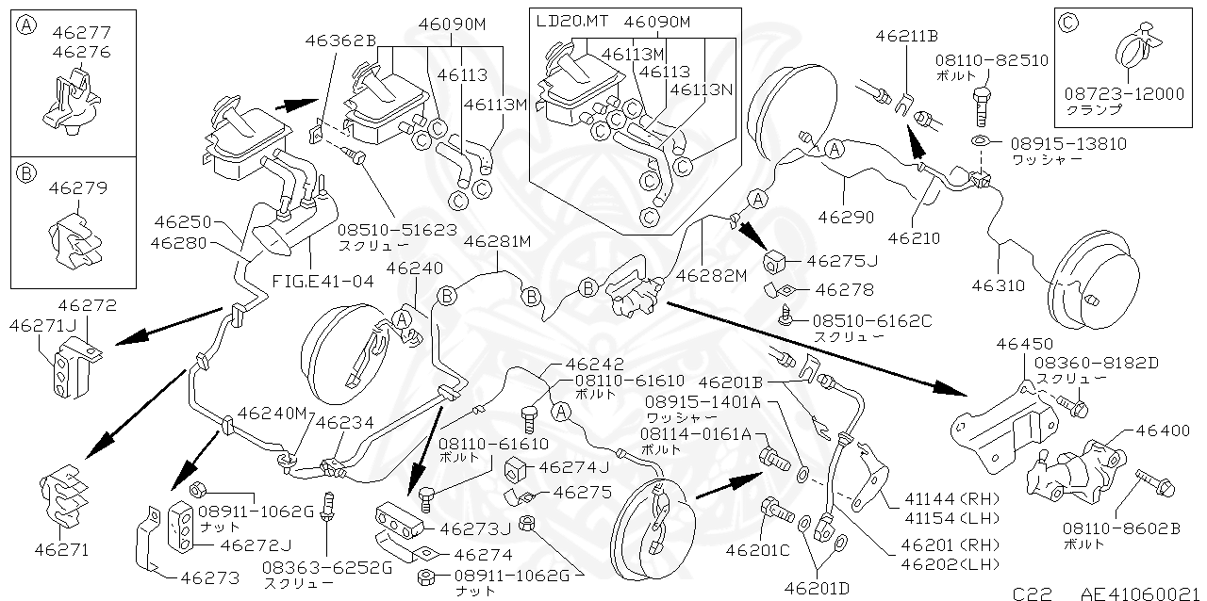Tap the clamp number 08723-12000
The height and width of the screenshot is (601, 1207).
pos(1124,93)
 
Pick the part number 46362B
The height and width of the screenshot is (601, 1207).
pos(340,41)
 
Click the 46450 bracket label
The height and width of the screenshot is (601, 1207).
pos(1021,344)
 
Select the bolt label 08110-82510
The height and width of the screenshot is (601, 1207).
pos(991,59)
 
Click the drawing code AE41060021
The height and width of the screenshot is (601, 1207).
pos(1138,593)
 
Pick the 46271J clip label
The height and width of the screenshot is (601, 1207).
pos(37,325)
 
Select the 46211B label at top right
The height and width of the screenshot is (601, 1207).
pos(905,37)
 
